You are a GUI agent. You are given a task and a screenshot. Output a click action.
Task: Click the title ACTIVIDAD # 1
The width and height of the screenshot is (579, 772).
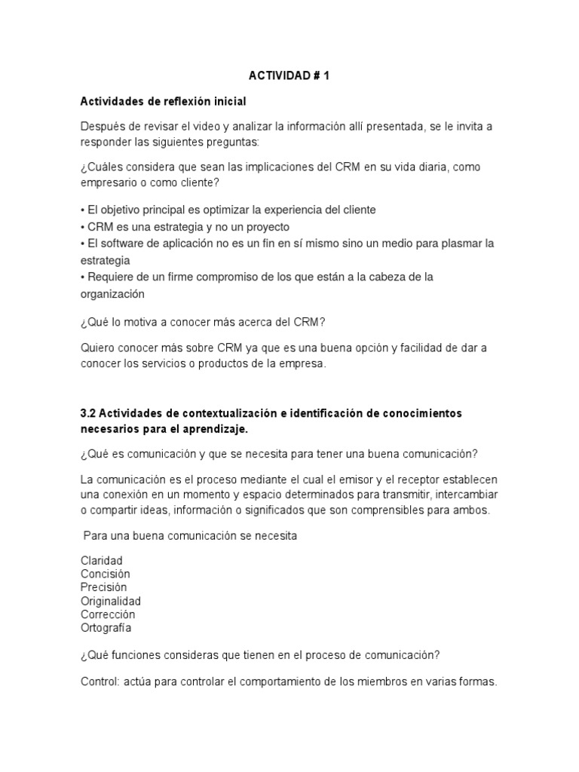289,77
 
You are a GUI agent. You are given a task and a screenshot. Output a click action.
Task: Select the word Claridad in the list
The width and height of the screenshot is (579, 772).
101,561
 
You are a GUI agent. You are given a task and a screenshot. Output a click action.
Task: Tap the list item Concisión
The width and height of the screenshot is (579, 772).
105,574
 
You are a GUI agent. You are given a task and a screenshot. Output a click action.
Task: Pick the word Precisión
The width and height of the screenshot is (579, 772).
103,587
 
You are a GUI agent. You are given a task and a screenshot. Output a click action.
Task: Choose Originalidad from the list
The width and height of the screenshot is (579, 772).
110,601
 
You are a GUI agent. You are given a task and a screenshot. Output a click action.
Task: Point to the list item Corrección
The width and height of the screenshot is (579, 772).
108,614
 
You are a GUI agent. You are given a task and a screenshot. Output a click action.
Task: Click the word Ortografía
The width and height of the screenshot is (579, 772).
106,627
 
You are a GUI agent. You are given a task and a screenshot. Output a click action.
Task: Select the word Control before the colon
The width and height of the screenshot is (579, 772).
99,682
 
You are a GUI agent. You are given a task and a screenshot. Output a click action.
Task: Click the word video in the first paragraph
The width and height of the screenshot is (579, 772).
208,127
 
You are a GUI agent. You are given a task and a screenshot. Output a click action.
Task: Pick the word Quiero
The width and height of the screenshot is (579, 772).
99,347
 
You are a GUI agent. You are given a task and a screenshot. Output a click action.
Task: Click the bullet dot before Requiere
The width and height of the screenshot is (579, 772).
82,277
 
